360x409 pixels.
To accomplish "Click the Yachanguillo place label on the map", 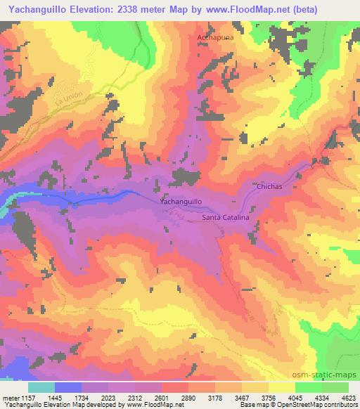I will tap(181, 202).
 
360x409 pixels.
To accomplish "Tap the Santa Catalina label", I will tap(226, 219).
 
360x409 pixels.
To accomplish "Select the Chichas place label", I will tap(269, 188).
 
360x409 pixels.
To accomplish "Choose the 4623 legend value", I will tap(347, 398).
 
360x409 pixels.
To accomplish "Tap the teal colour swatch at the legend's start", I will tap(41, 387).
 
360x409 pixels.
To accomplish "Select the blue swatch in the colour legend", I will tap(68, 387).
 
